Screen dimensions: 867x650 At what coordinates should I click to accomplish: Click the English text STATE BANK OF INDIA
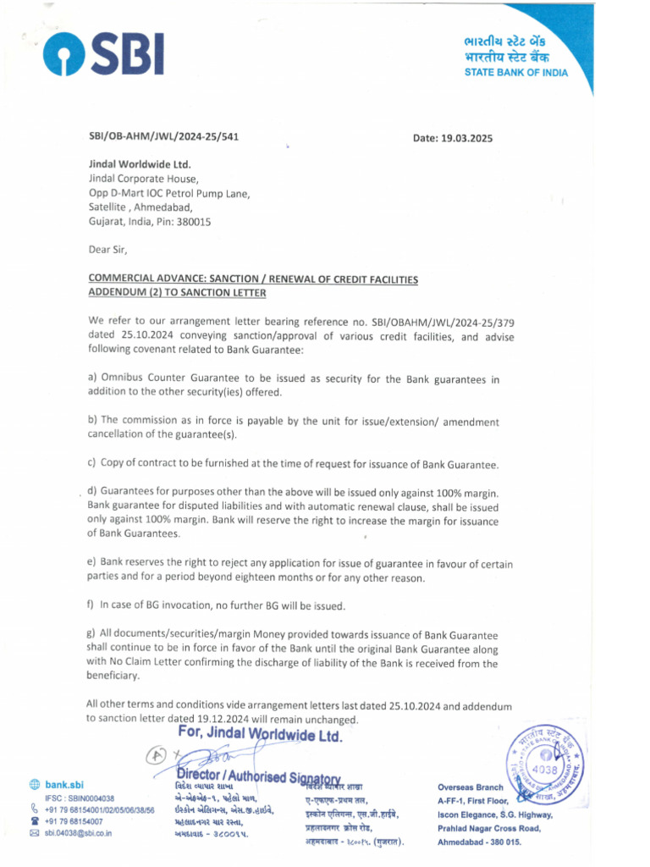click(x=515, y=73)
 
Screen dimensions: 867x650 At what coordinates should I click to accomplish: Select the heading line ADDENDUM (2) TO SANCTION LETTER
click(x=177, y=292)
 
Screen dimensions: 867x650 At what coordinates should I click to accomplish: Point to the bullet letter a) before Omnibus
click(x=92, y=378)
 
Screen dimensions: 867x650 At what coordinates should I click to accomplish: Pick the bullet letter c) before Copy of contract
click(x=91, y=463)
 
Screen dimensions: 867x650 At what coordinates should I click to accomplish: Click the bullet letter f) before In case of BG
click(x=91, y=605)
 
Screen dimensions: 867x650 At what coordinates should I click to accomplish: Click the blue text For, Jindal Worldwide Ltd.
click(x=260, y=736)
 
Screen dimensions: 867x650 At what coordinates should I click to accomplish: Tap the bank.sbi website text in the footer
click(x=64, y=785)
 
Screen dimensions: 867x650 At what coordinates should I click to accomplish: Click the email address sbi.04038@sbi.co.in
click(x=78, y=833)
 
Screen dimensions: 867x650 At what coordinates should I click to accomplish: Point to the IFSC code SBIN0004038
click(x=92, y=798)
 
